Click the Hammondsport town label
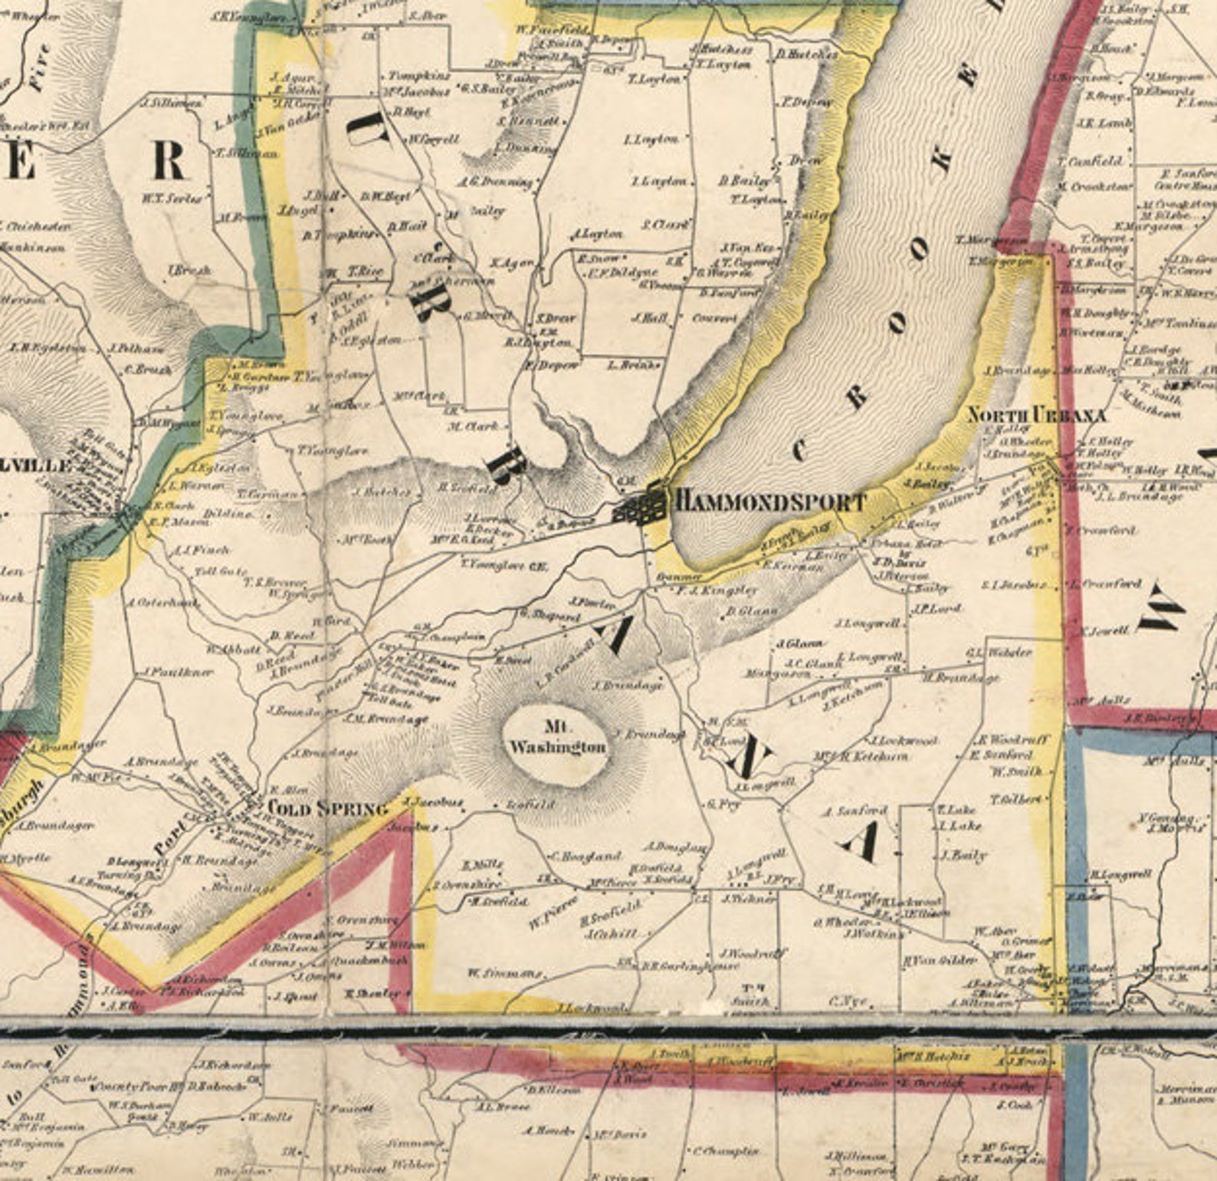(769, 503)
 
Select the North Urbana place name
(1036, 416)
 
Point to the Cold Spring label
(327, 808)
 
